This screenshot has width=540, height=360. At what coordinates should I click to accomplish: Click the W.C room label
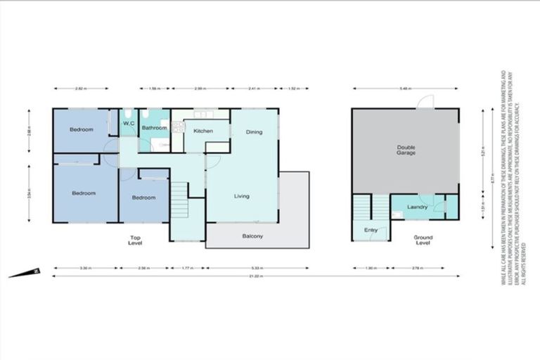129,124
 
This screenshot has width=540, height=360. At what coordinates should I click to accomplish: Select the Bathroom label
154,128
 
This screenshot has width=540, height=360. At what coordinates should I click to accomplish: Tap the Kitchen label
203,131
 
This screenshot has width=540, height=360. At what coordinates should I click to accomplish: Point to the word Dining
255,131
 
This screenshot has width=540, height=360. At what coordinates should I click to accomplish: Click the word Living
242,196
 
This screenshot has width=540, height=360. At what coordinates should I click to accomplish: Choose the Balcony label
252,236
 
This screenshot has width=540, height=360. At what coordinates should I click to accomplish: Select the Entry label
371,230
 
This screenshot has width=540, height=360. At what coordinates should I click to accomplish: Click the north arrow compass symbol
25,272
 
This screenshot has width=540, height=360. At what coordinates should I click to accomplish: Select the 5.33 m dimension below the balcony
257,268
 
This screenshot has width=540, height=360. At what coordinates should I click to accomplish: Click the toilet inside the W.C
128,114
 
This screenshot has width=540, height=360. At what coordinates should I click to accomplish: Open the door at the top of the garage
425,103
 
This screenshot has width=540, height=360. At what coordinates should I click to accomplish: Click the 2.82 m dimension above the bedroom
81,89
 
